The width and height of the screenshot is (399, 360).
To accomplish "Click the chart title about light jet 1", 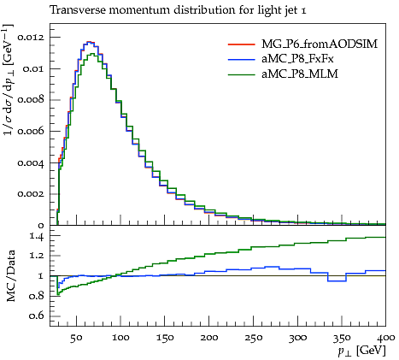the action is [178, 10].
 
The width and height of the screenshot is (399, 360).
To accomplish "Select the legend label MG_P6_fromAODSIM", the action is [320, 44].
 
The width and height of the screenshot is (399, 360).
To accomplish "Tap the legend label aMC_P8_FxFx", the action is [297, 59].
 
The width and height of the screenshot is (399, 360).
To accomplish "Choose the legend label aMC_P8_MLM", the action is [300, 74].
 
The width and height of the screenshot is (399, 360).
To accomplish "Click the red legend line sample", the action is [241, 44].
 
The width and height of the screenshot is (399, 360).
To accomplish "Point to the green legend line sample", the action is [241, 74].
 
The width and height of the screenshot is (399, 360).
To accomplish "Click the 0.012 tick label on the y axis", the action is [31, 38].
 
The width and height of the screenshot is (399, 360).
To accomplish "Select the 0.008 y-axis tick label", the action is [31, 100].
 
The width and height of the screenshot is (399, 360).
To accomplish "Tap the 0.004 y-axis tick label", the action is [31, 162].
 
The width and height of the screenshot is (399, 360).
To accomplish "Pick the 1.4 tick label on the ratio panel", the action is [37, 236].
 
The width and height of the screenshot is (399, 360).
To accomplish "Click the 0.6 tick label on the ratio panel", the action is [37, 316].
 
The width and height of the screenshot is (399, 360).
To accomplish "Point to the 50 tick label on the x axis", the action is [76, 338].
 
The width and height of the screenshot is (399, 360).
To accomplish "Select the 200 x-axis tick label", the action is [208, 338].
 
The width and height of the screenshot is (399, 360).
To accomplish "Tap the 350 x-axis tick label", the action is [342, 338].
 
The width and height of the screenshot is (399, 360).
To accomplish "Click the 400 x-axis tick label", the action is [385, 338].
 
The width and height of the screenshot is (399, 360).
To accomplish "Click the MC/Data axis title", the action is [10, 275].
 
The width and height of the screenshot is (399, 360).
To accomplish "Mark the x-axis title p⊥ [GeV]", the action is [361, 351].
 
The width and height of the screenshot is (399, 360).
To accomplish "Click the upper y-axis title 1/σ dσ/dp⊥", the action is [9, 80].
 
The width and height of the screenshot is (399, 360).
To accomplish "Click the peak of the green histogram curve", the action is [92, 54].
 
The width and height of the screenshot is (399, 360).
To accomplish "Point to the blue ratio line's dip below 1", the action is [337, 281].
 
